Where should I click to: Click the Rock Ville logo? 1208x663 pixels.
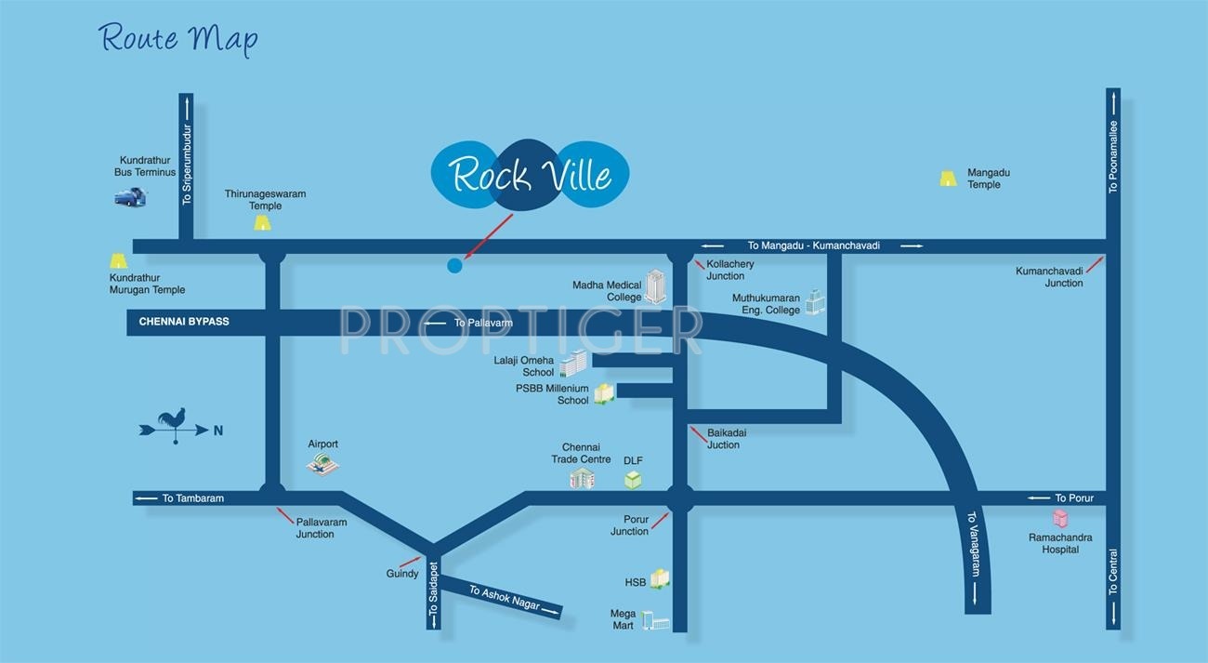pos(531,175)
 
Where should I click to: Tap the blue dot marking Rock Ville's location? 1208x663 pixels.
pos(454,266)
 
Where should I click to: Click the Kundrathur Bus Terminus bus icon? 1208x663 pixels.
pos(129,196)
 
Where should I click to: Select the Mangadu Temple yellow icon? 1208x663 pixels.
pos(948,179)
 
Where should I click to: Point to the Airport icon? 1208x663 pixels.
pos(323,465)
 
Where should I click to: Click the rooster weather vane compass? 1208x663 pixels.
pos(175,426)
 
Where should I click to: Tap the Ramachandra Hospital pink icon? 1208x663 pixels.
pos(1059,519)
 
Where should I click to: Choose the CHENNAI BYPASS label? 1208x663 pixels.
pos(184,322)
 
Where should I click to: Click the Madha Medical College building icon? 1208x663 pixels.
pos(656,286)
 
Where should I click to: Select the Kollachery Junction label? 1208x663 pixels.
pos(730,270)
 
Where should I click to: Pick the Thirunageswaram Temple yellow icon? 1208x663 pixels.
pos(263,223)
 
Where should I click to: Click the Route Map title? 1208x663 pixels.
pos(178,39)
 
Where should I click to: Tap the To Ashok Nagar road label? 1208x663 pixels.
pos(505,598)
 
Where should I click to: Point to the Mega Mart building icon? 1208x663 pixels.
pos(656,620)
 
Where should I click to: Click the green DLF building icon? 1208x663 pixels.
pos(633,480)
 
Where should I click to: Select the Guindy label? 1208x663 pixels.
pos(402,574)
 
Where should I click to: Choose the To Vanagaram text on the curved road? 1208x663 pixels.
pos(972,544)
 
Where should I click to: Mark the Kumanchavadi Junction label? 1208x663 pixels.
pos(1049,277)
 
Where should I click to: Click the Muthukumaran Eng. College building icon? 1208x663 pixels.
pos(815,301)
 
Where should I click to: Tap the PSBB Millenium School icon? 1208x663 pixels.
pos(604,393)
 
